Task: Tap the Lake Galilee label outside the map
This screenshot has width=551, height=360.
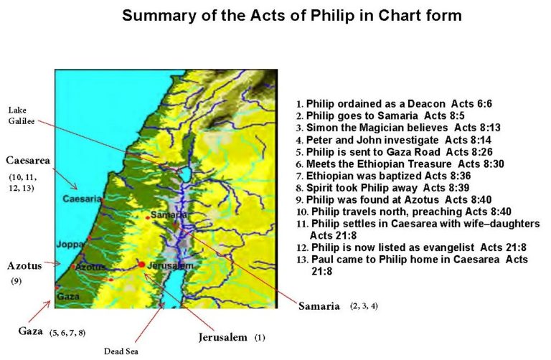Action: pos(19,115)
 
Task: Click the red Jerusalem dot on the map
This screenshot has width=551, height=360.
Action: pos(142,265)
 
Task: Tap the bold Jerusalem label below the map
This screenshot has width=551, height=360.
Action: pos(222,336)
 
